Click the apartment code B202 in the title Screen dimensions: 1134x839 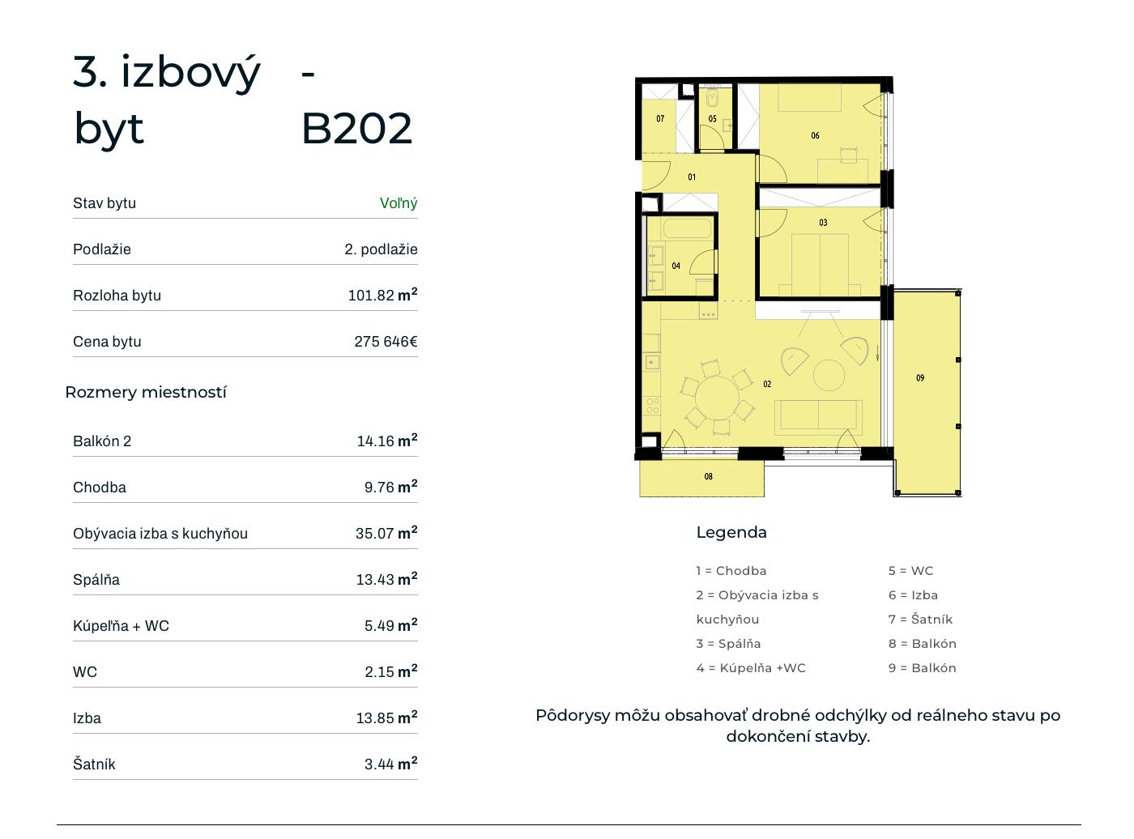click(356, 128)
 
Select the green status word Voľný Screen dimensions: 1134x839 click(399, 203)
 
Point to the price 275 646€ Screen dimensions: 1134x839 click(386, 341)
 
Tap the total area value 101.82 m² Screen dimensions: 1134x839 click(382, 295)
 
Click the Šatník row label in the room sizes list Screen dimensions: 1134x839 click(94, 764)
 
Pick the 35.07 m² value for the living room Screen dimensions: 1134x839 click(386, 532)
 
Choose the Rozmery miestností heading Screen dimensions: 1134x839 click(146, 392)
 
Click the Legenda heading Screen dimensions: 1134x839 click(731, 532)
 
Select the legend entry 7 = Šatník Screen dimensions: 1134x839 click(920, 620)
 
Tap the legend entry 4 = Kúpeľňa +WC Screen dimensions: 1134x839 click(751, 668)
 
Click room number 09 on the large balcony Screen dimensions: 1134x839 click(920, 378)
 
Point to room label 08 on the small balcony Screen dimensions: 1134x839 click(708, 476)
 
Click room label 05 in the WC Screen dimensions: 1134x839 click(712, 118)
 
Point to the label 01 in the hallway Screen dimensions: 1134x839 click(691, 177)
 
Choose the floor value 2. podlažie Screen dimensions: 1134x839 click(381, 249)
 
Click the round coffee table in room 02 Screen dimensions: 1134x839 click(829, 375)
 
